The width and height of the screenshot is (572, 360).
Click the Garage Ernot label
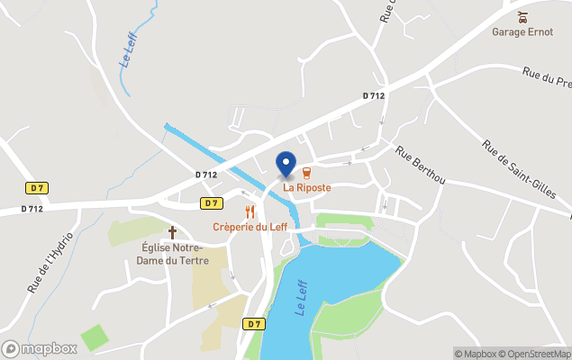point(522,32)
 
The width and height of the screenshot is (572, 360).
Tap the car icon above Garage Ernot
point(522,16)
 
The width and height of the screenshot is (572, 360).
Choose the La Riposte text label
point(307,187)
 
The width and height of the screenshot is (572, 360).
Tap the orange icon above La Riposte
point(307,173)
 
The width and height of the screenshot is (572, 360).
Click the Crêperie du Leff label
point(250,227)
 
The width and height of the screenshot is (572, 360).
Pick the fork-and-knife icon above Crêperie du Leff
point(250,212)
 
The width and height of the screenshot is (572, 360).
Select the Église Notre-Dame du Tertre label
point(175,255)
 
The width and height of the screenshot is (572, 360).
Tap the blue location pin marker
point(286,164)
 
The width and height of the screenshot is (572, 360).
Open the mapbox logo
point(40,348)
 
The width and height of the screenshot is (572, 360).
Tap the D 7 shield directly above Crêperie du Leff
point(212,203)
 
